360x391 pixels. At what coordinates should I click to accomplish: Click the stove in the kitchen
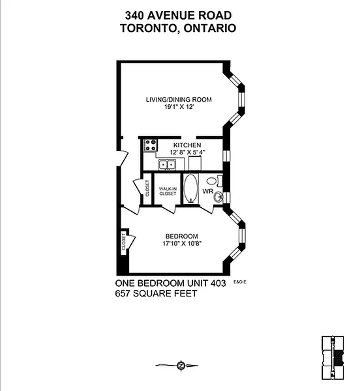pyautogui.click(x=151, y=145)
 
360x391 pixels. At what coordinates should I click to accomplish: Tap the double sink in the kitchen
pyautogui.click(x=167, y=165)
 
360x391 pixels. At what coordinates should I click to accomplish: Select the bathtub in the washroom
pyautogui.click(x=190, y=188)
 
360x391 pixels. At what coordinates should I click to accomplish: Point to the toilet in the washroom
pyautogui.click(x=215, y=181)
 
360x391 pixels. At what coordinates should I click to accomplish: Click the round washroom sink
pyautogui.click(x=218, y=197)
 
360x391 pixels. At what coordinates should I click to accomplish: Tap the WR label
pyautogui.click(x=208, y=191)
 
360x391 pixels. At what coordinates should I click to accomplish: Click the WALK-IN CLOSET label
pyautogui.click(x=168, y=191)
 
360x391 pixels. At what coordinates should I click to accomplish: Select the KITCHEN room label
pyautogui.click(x=187, y=145)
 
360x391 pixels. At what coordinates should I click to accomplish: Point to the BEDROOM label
pyautogui.click(x=182, y=236)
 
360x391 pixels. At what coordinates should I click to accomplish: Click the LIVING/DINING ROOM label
pyautogui.click(x=179, y=100)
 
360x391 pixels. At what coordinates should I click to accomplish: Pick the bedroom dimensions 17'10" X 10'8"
pyautogui.click(x=182, y=243)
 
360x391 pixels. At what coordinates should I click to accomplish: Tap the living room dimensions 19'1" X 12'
pyautogui.click(x=179, y=107)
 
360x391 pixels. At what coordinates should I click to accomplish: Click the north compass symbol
pyautogui.click(x=181, y=366)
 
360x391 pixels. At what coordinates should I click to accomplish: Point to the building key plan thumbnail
pyautogui.click(x=333, y=358)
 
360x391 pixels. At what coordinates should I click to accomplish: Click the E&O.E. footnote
pyautogui.click(x=240, y=282)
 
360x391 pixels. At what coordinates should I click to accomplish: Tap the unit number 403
pyautogui.click(x=218, y=283)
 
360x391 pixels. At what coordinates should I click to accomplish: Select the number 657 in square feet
pyautogui.click(x=123, y=293)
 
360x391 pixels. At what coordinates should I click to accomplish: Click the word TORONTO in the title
pyautogui.click(x=150, y=28)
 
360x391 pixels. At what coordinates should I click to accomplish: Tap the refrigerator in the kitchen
pyautogui.click(x=195, y=163)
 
